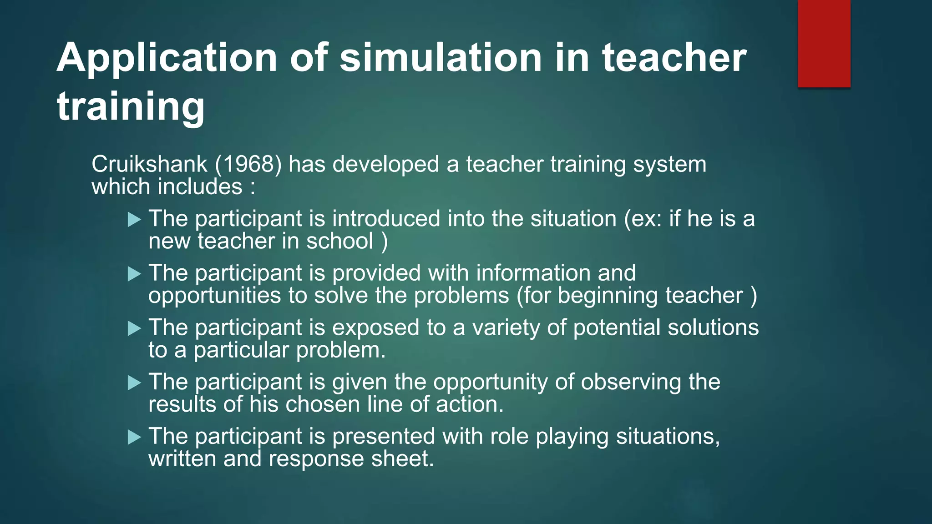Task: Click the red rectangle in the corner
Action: [x=824, y=43]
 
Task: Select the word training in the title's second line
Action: [x=131, y=106]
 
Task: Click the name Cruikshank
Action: [x=149, y=164]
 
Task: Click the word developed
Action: [x=385, y=164]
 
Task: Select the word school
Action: [x=339, y=241]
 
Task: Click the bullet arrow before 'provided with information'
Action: [x=135, y=274]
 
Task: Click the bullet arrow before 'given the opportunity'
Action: [x=135, y=383]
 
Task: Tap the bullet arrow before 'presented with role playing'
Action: [x=135, y=438]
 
